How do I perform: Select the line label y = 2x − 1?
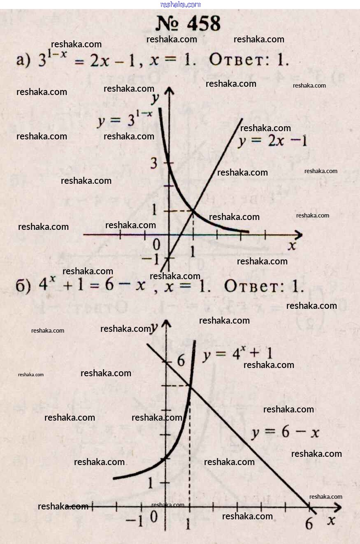[x=272, y=141]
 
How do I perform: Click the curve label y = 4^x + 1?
[x=237, y=354]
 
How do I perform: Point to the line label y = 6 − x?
[x=285, y=433]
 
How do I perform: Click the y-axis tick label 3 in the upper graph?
[x=154, y=164]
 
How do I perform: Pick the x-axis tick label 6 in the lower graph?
[x=309, y=524]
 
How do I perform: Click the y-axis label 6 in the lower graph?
[x=181, y=361]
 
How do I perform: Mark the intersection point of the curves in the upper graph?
[x=193, y=211]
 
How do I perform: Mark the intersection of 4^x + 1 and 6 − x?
[x=190, y=385]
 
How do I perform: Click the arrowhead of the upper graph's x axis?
[x=300, y=235]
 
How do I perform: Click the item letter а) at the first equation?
[x=23, y=61]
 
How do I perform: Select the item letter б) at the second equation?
[x=23, y=286]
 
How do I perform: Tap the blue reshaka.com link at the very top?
[x=180, y=5]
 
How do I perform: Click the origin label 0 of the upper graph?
[x=156, y=245]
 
